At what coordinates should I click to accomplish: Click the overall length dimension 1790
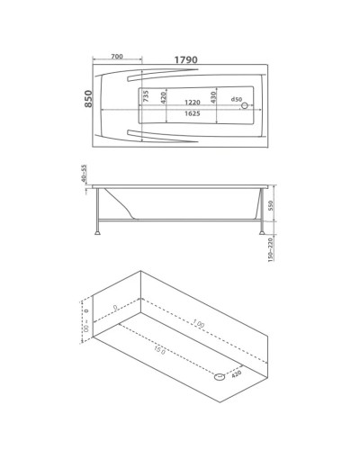point(186,59)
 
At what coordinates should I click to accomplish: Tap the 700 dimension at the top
point(117,57)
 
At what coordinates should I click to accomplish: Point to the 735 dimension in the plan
point(144,97)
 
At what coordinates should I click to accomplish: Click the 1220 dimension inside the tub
point(187,102)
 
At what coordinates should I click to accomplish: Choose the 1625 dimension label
point(187,115)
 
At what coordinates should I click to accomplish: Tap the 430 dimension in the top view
point(213,97)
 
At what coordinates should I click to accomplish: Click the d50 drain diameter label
point(238,98)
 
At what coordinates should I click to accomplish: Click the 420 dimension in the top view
point(164,97)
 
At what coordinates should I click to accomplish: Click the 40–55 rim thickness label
point(85,175)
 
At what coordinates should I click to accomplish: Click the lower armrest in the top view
point(153,137)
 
